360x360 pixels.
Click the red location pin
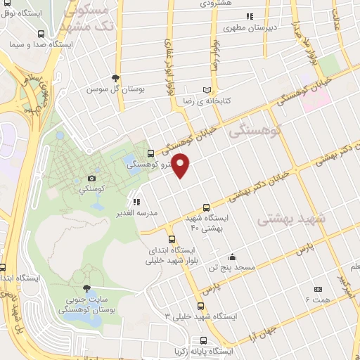[181, 165]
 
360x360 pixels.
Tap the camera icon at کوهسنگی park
[93, 179]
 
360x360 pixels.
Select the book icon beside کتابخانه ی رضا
[206, 91]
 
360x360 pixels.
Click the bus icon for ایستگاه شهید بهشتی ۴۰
[205, 207]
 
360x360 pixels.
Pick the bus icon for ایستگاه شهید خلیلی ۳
[201, 306]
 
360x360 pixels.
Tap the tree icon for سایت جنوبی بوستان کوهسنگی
[86, 288]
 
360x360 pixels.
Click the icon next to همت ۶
[317, 289]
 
